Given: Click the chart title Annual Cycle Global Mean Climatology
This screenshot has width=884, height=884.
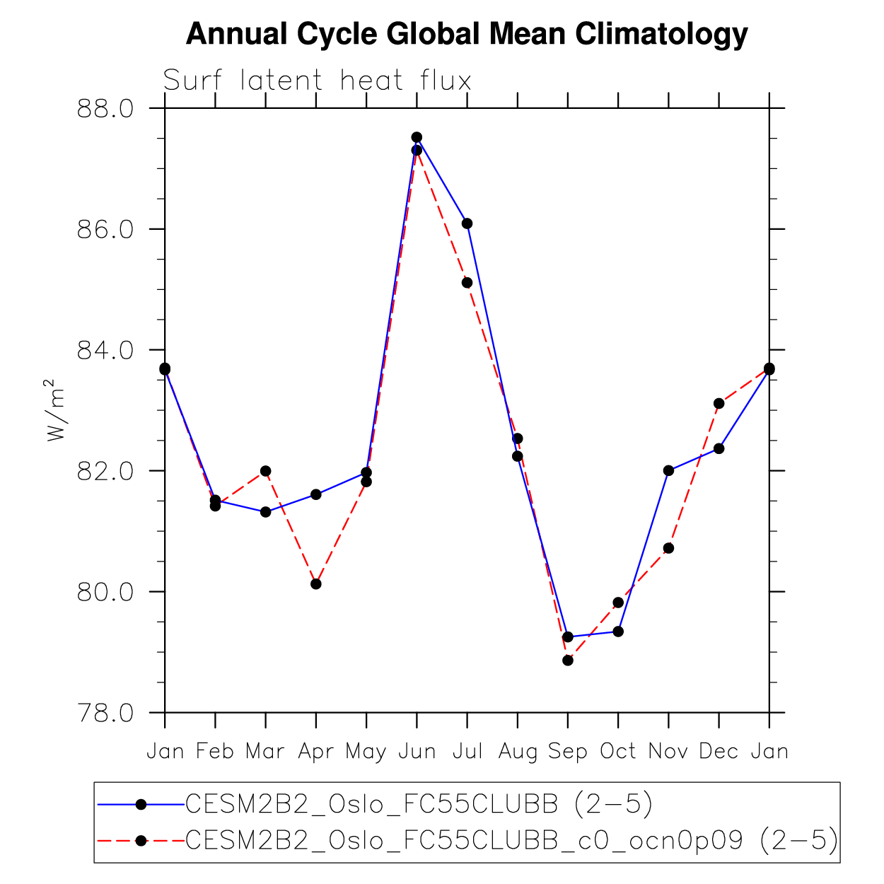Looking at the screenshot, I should [x=467, y=34].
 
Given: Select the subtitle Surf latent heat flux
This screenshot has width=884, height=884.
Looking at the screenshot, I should [x=317, y=81].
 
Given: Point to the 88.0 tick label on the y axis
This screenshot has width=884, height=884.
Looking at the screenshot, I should [x=105, y=109].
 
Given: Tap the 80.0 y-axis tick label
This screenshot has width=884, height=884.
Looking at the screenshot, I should [x=105, y=592].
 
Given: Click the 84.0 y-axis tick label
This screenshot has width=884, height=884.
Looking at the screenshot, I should [x=105, y=350].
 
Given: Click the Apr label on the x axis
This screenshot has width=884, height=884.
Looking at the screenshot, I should [x=315, y=751].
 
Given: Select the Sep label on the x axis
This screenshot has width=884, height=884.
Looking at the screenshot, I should [x=567, y=751].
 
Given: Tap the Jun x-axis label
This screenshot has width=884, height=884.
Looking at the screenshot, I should [x=417, y=751].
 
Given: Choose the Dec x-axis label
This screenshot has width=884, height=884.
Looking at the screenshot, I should [x=719, y=751].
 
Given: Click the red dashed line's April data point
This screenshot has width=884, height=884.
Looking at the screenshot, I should [x=316, y=583].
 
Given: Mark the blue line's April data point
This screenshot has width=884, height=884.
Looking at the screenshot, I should [x=316, y=494].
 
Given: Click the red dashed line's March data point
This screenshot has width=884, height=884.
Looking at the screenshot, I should [x=265, y=471].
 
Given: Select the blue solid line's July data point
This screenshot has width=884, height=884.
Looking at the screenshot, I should [x=467, y=223].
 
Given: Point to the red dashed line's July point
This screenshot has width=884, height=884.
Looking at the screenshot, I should [x=467, y=283].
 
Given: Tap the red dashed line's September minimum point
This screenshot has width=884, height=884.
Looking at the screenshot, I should [x=568, y=661].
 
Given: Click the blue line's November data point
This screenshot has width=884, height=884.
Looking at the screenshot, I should [x=668, y=470].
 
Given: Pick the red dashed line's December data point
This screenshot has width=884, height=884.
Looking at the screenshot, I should [x=719, y=403].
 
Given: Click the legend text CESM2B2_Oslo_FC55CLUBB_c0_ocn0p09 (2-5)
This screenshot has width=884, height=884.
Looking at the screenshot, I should [x=511, y=840].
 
